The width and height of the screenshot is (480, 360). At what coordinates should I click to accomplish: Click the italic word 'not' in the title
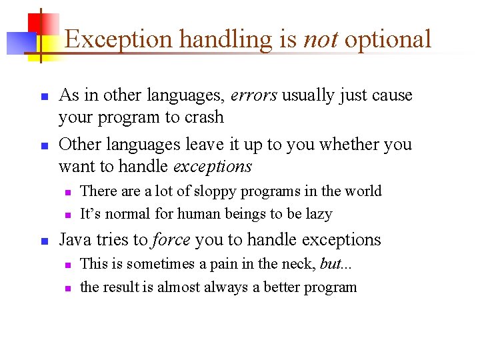(x=320, y=39)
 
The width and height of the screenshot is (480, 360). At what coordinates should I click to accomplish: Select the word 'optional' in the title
(x=388, y=40)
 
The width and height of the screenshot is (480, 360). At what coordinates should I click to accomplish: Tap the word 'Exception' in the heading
(x=119, y=40)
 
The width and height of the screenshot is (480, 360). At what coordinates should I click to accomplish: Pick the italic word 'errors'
(x=253, y=95)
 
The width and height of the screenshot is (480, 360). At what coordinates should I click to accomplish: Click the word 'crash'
(x=203, y=117)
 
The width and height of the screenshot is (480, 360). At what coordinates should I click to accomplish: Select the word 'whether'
(x=340, y=144)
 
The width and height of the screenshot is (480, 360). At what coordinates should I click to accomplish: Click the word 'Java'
(x=75, y=239)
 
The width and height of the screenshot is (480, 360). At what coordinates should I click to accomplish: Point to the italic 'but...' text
(x=336, y=264)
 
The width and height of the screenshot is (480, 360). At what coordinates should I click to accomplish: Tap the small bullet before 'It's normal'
(x=68, y=215)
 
